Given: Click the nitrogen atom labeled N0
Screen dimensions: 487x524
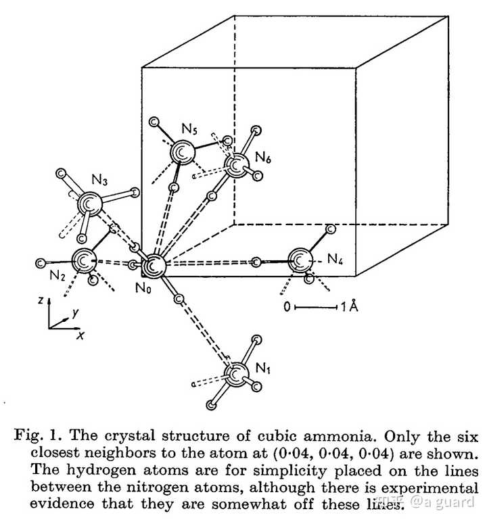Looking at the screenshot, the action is (154, 266).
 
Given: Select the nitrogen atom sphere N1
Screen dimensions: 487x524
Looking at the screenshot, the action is (237, 375).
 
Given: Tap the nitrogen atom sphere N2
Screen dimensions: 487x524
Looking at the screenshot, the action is (84, 260).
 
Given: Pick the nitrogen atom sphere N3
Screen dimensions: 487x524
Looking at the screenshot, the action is (89, 204).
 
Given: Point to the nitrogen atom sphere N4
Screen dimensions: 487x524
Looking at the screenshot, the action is (300, 260).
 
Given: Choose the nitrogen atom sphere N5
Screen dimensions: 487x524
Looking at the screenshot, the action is (182, 152).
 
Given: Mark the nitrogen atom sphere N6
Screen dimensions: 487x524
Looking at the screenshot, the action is (237, 166).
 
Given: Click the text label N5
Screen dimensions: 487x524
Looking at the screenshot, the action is (189, 128).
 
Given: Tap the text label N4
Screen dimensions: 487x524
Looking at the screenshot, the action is (335, 259).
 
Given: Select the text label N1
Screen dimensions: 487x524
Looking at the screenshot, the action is (262, 368).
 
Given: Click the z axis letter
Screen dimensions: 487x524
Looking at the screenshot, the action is (41, 300).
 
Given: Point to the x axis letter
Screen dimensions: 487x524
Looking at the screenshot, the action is (80, 335).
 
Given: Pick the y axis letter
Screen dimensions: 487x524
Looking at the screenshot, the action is (76, 313).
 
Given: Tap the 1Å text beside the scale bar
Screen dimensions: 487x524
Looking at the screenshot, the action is (349, 306).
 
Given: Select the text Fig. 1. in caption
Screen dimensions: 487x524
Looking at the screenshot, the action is (39, 436).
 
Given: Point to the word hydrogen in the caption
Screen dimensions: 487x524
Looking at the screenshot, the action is (101, 471).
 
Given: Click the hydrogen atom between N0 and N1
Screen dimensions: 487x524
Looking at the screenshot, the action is (179, 299).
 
